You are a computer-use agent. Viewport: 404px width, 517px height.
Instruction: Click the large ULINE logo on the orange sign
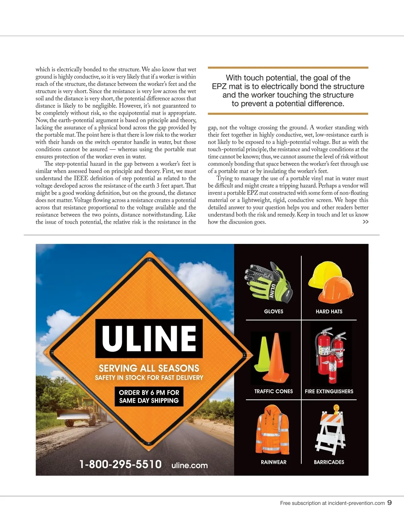[x=149, y=338]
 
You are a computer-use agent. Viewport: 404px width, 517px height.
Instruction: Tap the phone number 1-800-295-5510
[x=121, y=464]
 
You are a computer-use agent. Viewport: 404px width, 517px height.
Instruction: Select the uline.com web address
[x=190, y=465]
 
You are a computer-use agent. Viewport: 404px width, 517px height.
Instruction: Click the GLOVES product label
[x=273, y=312]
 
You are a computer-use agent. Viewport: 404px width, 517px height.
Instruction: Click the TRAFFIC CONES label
[x=273, y=391]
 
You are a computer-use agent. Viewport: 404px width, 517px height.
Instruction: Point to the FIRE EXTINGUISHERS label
[x=329, y=391]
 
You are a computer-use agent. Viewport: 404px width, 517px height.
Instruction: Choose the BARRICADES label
[x=329, y=462]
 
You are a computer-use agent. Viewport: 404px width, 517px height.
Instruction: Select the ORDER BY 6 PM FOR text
[x=149, y=392]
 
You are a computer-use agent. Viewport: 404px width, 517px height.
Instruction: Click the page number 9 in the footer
[x=390, y=503]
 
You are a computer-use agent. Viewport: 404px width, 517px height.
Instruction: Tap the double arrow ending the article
[x=365, y=222]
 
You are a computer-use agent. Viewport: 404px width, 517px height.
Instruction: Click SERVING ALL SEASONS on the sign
[x=149, y=368]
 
